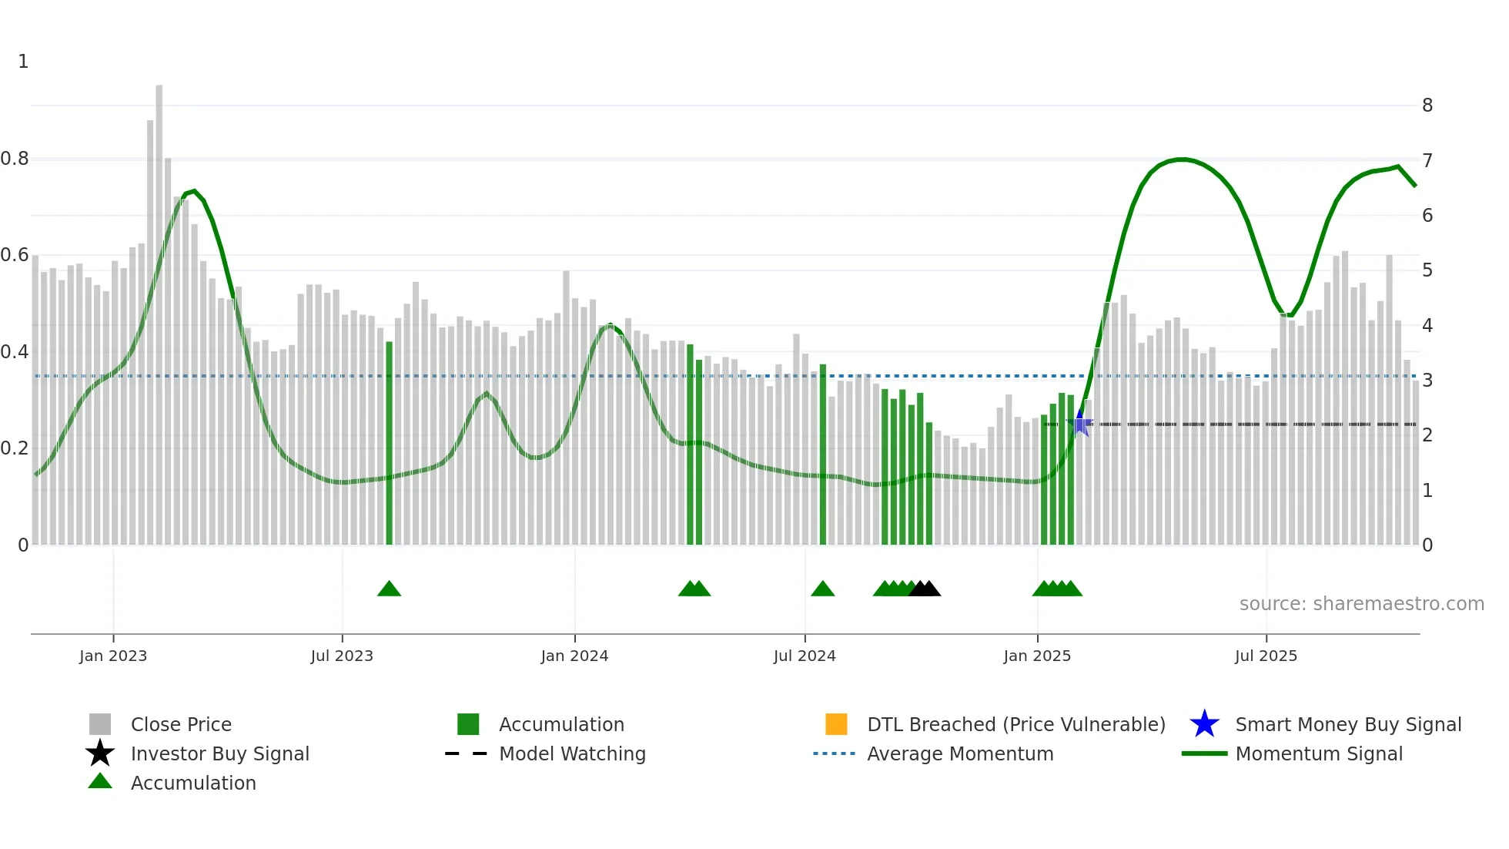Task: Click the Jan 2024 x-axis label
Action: click(574, 656)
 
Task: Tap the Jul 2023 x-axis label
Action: click(342, 656)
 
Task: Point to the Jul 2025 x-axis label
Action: click(1266, 656)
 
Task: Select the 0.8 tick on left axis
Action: click(15, 159)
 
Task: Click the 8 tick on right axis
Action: click(1427, 106)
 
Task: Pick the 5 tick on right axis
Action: click(1427, 270)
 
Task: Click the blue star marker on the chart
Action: click(1080, 423)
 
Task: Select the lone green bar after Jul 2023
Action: click(389, 443)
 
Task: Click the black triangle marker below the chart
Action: click(925, 589)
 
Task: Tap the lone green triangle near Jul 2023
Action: click(389, 589)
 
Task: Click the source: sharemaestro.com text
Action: click(1361, 604)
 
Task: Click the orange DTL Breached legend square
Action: click(836, 724)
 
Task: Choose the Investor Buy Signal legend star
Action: click(100, 753)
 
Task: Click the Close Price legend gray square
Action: click(100, 724)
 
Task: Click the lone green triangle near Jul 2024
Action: click(822, 589)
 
